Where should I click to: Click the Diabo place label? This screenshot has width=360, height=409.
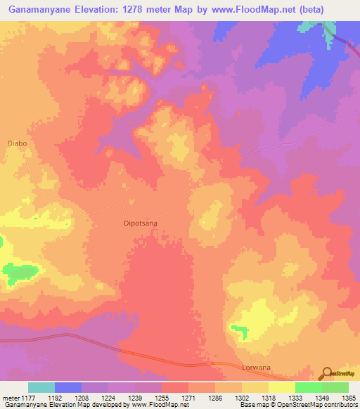[17, 143]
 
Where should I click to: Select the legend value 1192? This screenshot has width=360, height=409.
[67, 398]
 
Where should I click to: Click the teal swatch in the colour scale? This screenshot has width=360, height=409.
[41, 387]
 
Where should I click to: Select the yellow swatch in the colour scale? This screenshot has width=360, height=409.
[281, 387]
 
